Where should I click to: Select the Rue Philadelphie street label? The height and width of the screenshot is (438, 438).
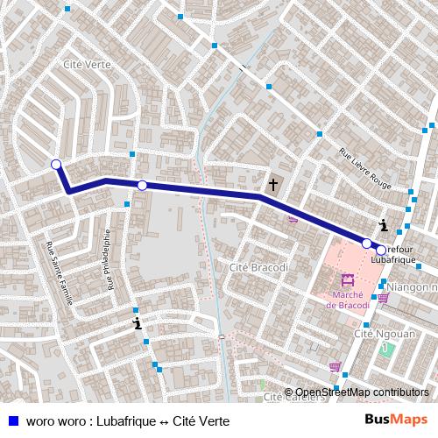click(109, 259)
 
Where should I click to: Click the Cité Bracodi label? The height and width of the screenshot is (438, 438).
click(251, 266)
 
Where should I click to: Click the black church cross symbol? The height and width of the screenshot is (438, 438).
click(273, 185)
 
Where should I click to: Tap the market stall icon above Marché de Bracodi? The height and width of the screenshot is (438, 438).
click(348, 281)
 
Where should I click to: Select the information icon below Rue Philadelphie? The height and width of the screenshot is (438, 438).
click(137, 324)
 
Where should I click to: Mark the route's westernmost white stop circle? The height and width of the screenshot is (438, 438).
click(56, 165)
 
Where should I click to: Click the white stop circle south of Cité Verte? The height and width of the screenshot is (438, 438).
click(142, 185)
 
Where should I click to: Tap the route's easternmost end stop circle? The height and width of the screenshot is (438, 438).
click(381, 250)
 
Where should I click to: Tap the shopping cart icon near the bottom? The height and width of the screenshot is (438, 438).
click(335, 367)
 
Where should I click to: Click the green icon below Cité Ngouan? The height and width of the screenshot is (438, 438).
click(385, 349)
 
